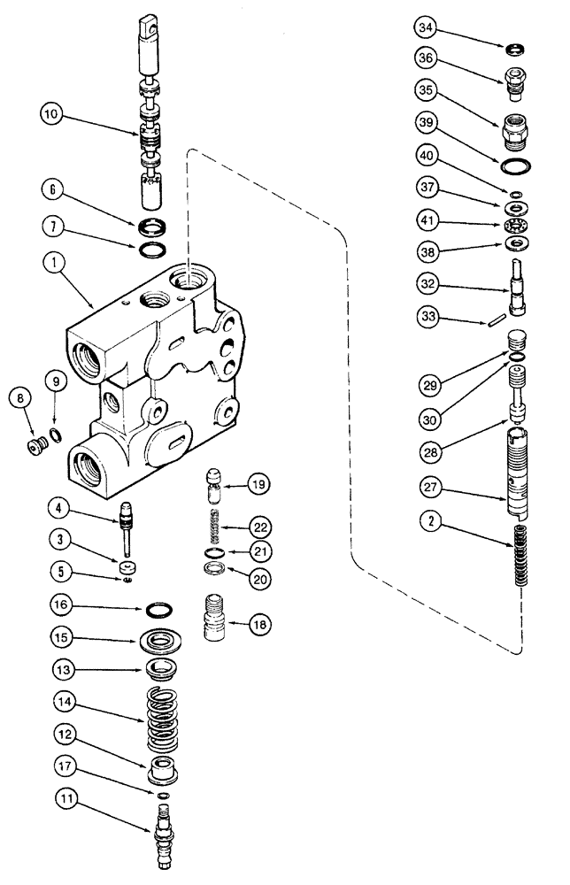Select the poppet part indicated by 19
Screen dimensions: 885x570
212,485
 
